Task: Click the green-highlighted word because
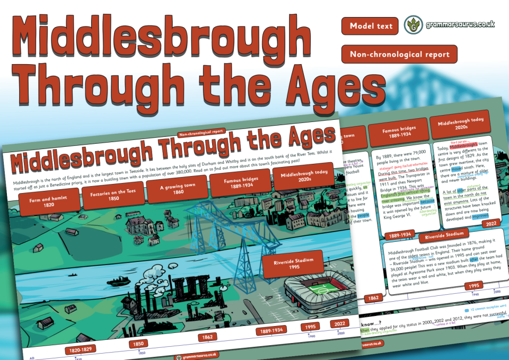tap(427, 201)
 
